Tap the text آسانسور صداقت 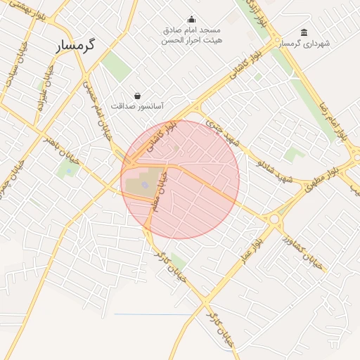[137, 105]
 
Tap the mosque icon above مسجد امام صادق [191, 20]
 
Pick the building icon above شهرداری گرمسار [304, 32]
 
